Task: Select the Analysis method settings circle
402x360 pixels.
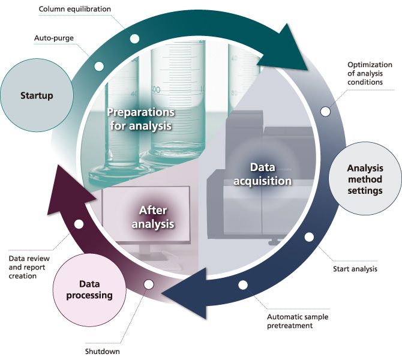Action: pyautogui.click(x=365, y=180)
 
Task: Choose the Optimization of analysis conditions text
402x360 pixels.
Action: pyautogui.click(x=370, y=73)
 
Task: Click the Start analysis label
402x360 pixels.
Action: pyautogui.click(x=355, y=269)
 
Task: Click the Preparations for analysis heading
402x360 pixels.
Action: pyautogui.click(x=140, y=119)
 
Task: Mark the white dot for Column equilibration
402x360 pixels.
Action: pyautogui.click(x=134, y=38)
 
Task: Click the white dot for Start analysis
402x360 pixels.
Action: pyautogui.click(x=309, y=237)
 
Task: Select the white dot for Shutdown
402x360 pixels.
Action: pyautogui.click(x=149, y=283)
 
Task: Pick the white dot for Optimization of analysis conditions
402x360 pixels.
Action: pyautogui.click(x=325, y=111)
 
